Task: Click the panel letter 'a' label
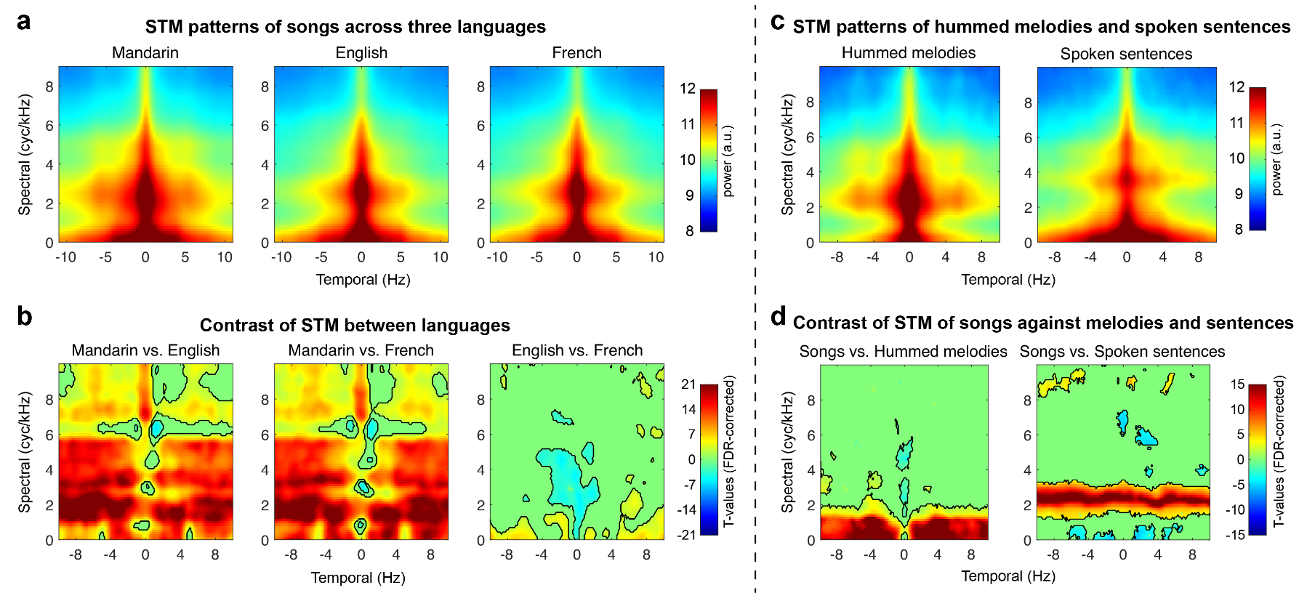click(24, 22)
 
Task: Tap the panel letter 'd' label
click(778, 316)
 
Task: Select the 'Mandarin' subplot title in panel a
click(145, 53)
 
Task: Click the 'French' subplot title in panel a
click(576, 53)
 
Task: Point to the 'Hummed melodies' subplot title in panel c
click(909, 53)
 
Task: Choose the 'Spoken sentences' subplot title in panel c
click(1126, 54)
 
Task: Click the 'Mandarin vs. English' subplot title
click(145, 350)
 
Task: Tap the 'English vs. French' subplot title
click(577, 350)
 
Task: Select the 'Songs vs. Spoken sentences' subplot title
click(1122, 352)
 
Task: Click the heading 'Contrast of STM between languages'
click(355, 326)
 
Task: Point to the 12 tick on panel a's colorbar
click(688, 89)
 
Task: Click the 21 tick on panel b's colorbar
click(688, 384)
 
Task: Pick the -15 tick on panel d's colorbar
click(1236, 535)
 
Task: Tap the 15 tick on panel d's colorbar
click(1237, 384)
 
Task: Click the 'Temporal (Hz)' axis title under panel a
click(363, 280)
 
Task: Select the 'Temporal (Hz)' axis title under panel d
click(1008, 576)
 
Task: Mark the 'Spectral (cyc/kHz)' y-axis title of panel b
click(25, 452)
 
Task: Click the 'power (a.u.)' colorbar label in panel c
click(1276, 159)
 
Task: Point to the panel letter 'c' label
click(778, 22)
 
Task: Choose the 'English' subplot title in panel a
click(361, 53)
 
